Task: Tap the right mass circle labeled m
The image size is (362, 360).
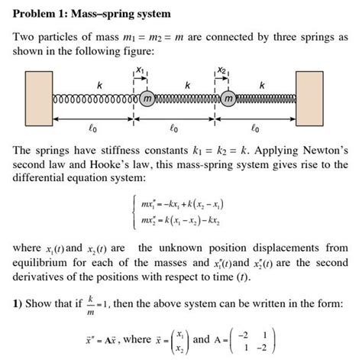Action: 227,98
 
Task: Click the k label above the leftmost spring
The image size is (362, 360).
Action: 90,83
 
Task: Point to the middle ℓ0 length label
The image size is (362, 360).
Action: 175,131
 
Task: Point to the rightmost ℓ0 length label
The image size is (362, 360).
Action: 256,131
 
